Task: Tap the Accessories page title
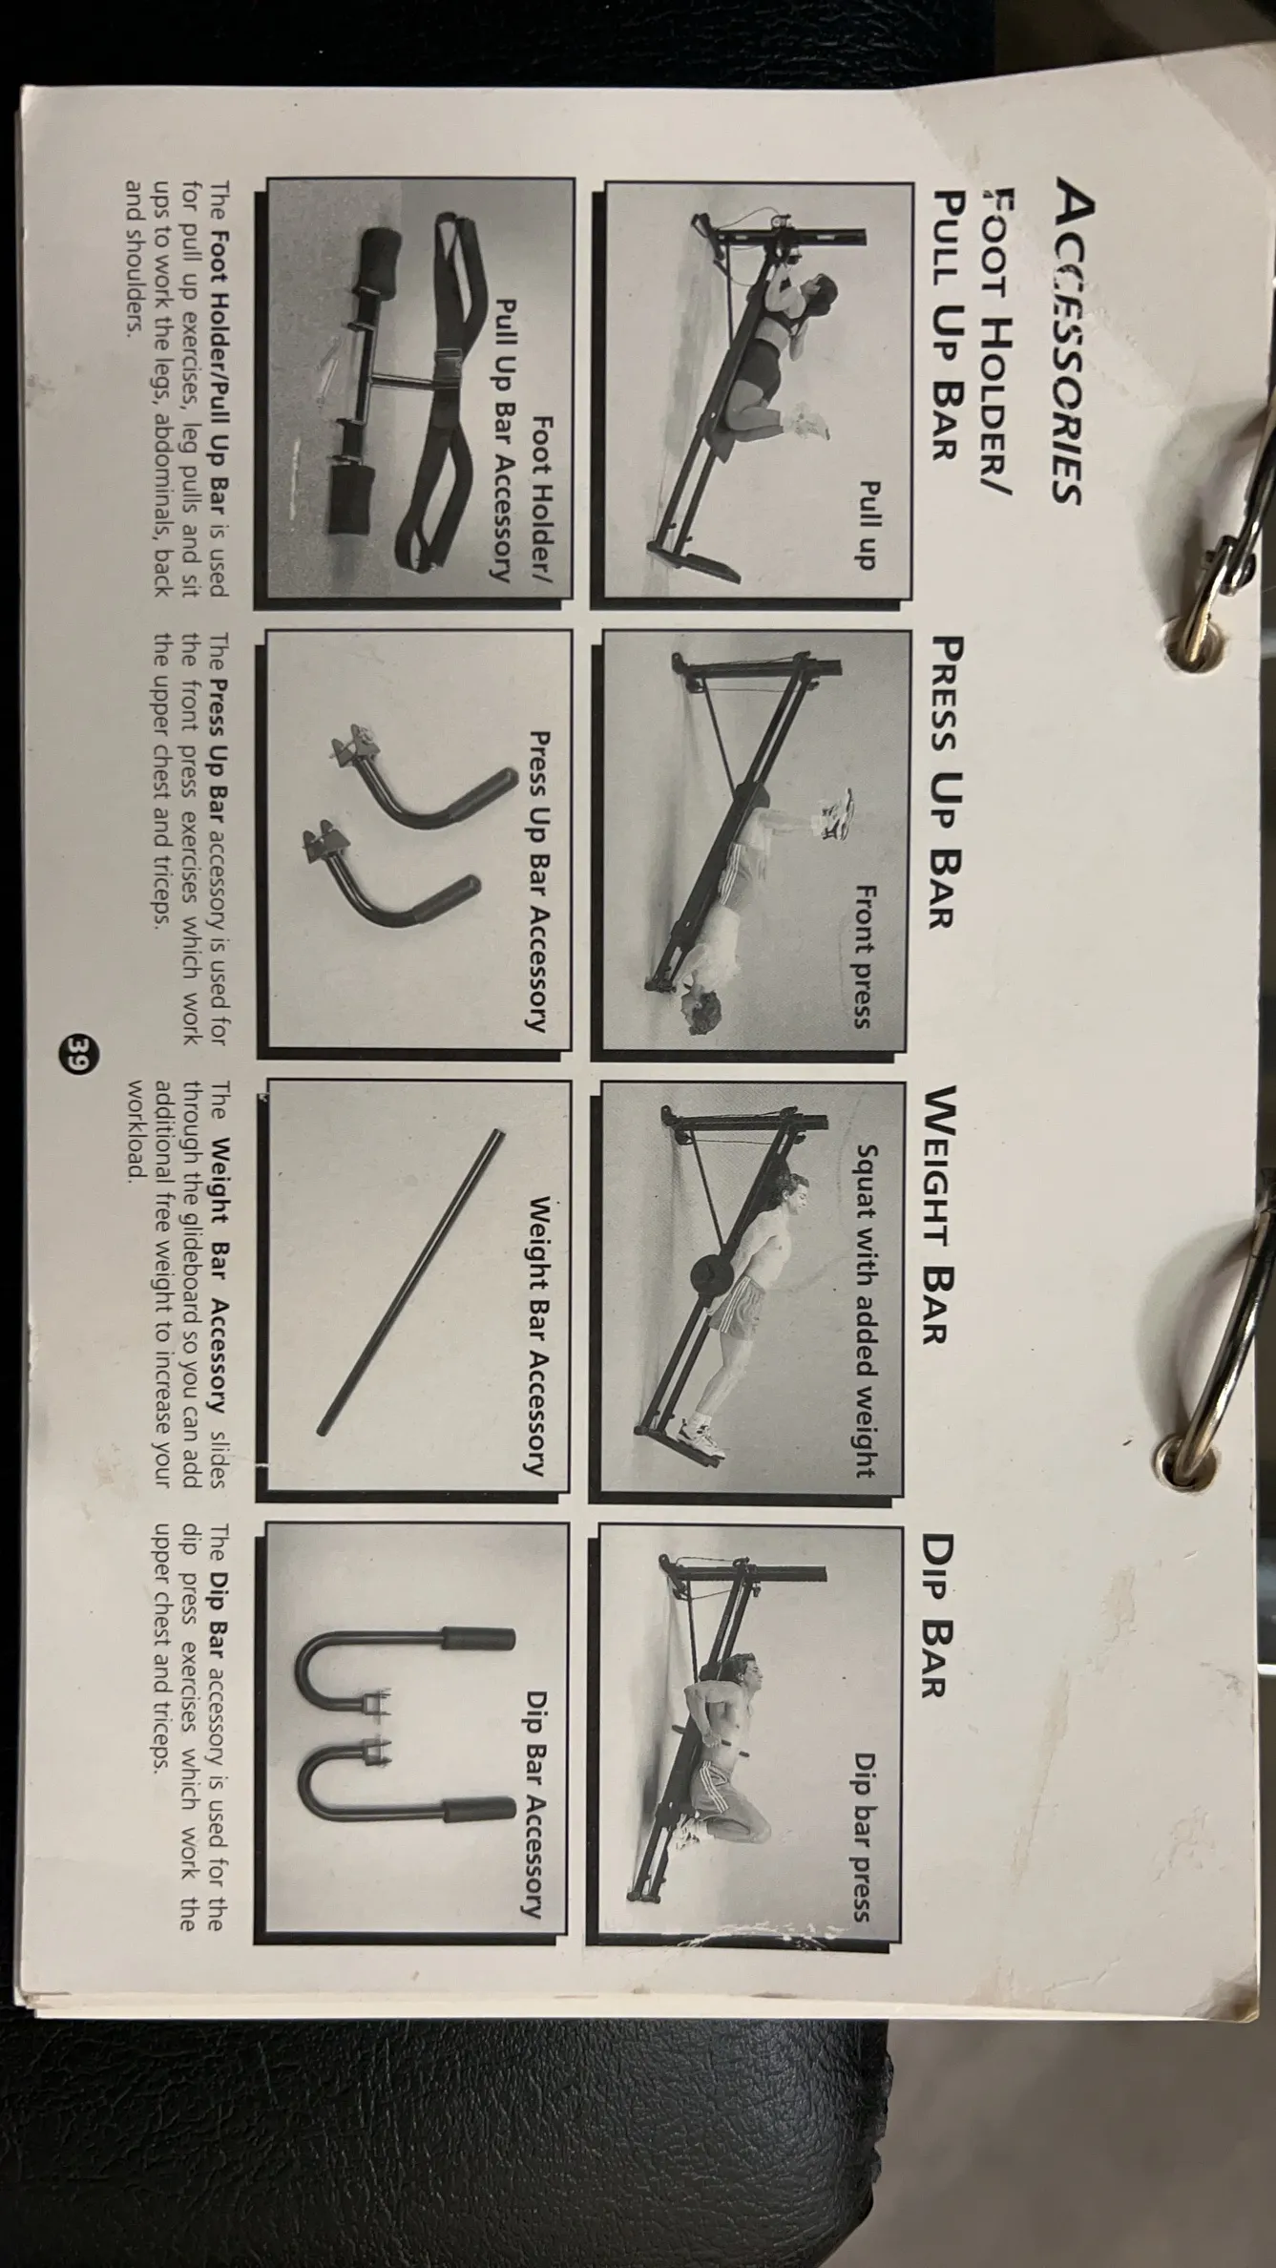pos(1060,345)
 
